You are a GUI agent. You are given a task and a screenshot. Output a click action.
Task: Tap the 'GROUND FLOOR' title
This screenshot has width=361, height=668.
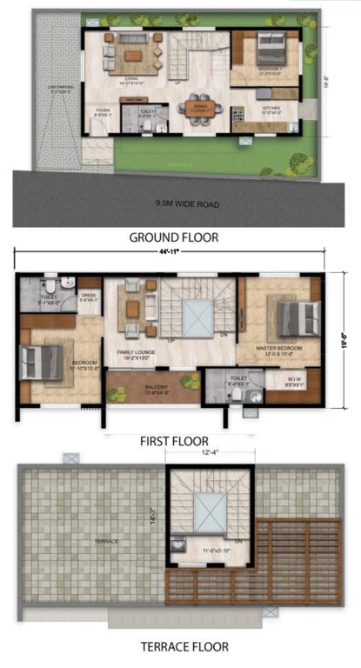pyautogui.click(x=173, y=237)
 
